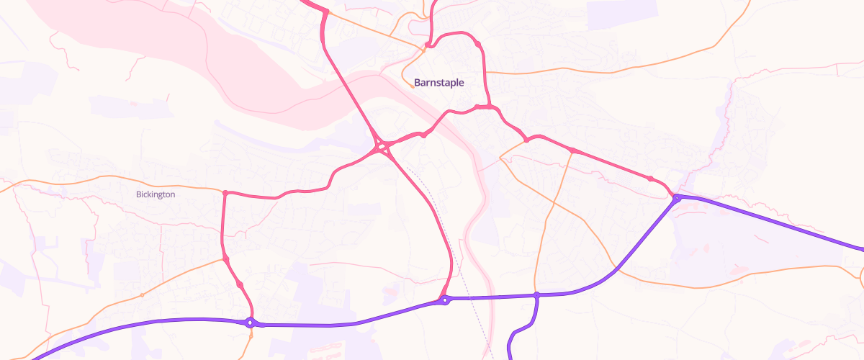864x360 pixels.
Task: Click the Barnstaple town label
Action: coord(439,83)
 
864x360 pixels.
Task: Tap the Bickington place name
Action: coord(156,194)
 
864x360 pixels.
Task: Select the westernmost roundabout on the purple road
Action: coord(250,323)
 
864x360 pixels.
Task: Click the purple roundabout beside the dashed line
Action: coord(446,300)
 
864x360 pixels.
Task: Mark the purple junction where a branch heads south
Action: coord(536,295)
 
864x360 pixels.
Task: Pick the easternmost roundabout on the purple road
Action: coord(677,197)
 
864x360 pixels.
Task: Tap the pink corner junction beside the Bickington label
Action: coord(225,193)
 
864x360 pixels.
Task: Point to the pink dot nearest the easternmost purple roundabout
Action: coord(650,179)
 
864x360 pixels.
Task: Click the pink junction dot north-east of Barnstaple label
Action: coord(477,45)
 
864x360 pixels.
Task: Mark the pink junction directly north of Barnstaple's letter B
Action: coord(428,45)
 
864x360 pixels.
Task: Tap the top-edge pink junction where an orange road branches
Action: coord(325,12)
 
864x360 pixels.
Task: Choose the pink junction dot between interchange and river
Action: coord(423,135)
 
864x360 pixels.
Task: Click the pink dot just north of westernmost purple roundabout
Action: coord(240,286)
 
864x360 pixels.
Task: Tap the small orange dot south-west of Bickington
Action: coord(143,295)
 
